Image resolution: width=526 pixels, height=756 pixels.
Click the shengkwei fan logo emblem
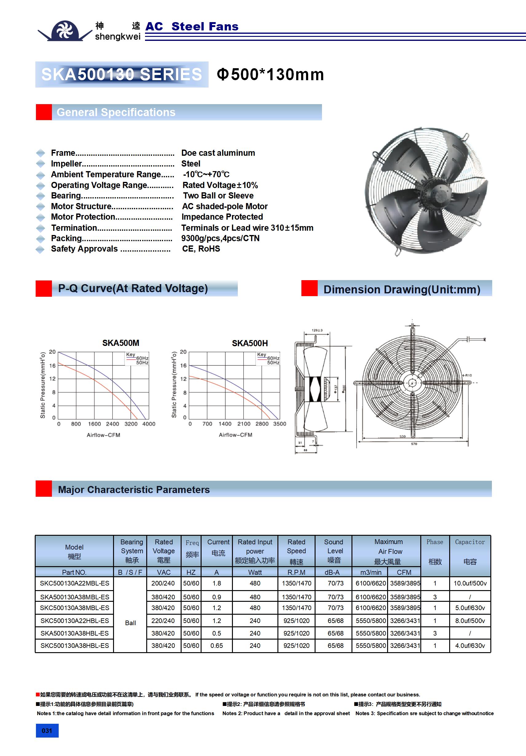point(65,31)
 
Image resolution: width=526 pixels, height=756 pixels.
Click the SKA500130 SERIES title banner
point(122,74)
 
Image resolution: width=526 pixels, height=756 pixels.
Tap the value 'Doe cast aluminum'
point(218,153)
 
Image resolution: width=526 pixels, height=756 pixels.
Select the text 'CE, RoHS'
point(201,249)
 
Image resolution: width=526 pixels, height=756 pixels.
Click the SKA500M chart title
point(120,343)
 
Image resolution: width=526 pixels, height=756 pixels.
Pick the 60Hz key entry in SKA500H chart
point(273,358)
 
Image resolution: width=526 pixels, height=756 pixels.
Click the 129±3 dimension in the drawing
point(317,330)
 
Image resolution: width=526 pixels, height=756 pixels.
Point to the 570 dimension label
point(414,444)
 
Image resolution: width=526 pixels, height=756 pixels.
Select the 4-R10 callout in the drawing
point(467,375)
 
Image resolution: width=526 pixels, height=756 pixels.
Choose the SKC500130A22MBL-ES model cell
point(74,583)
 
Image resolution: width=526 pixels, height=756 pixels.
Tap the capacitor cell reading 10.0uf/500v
point(470,583)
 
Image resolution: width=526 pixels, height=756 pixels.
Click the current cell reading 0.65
point(216,646)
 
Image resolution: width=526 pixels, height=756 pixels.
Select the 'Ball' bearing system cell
point(131,623)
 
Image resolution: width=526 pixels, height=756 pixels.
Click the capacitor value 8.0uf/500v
point(470,621)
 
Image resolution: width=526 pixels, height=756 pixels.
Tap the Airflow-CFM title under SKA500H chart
point(235,435)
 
